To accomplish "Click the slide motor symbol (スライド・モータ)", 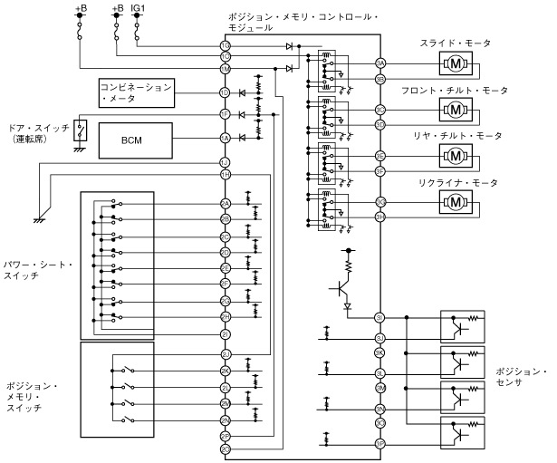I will coord(456,63).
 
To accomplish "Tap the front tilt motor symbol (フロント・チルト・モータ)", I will coord(456,110).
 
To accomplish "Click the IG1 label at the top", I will coord(137,8).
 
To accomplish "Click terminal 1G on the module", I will coord(225,45).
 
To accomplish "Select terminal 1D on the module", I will coord(225,92).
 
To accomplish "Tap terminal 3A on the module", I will coord(381,63).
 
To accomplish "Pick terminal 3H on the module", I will coord(381,216).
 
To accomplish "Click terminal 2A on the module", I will coord(225,205).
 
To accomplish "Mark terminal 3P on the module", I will coord(381,444).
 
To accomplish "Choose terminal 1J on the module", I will coord(225,161).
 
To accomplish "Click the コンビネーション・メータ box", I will coord(137,92).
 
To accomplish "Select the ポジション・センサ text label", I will coord(523,379).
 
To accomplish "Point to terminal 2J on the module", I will coord(225,352).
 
